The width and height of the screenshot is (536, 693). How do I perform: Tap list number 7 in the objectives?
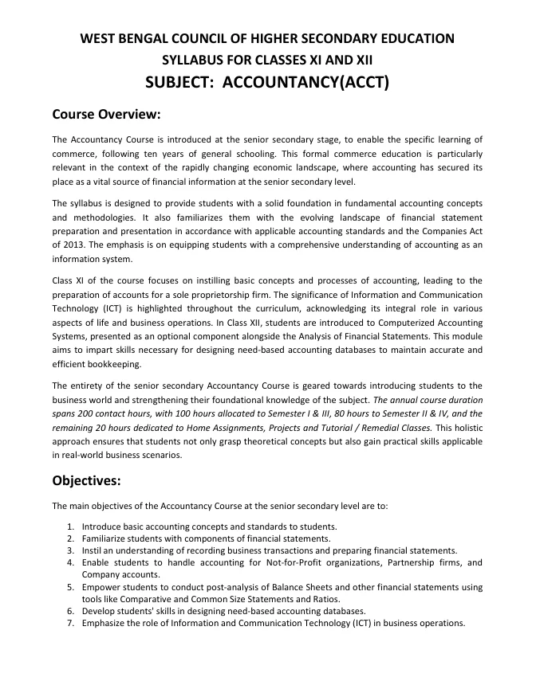click(71, 623)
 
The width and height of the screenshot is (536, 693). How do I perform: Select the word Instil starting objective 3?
click(93, 550)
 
